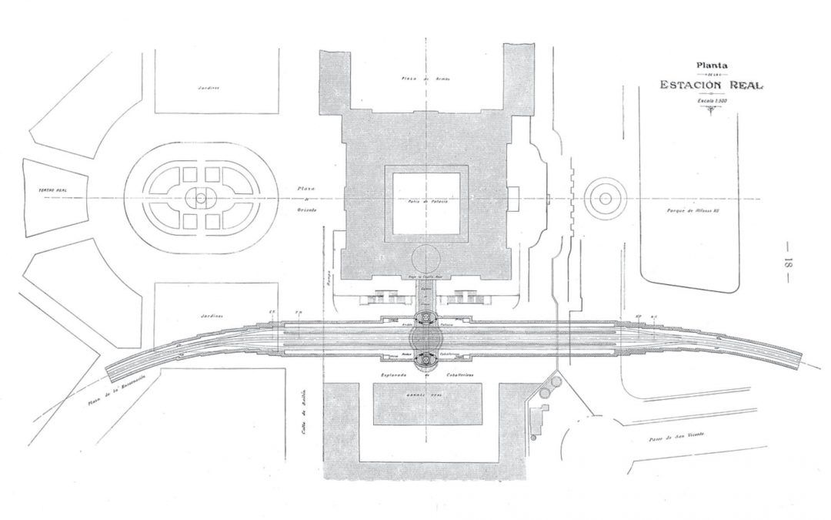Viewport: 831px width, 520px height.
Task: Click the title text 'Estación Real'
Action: click(711, 85)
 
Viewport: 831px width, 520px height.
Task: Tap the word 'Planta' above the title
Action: click(711, 66)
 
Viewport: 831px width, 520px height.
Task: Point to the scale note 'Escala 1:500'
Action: click(711, 100)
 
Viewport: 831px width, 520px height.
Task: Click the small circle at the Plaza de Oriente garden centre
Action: click(201, 198)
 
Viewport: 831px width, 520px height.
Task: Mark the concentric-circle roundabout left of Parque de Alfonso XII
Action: click(606, 198)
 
